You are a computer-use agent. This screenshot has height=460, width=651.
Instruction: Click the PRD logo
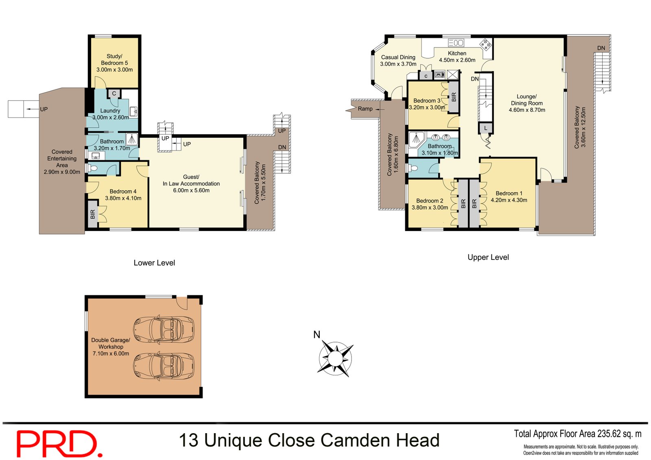59,444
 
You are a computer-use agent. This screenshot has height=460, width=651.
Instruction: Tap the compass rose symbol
335,358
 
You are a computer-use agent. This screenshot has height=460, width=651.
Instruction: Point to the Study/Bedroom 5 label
114,63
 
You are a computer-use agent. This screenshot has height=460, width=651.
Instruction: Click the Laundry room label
110,114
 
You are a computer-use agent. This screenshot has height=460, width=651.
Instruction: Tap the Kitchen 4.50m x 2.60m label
457,57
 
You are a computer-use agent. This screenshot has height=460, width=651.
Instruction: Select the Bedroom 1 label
509,196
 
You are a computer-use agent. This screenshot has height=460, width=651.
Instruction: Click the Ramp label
365,109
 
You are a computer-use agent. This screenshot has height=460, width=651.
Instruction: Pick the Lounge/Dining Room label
526,103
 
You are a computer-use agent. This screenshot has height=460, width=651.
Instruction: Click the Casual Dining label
398,61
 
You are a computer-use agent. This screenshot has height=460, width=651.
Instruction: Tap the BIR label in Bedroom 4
93,214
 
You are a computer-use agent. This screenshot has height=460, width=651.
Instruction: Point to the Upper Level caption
488,257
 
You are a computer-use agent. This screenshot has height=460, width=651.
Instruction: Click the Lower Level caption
154,263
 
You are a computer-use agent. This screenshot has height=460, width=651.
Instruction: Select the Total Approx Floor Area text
577,434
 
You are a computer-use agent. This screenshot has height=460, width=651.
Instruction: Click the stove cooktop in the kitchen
485,44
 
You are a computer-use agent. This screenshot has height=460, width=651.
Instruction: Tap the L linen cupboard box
485,128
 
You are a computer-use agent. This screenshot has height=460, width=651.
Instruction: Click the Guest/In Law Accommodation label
191,183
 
